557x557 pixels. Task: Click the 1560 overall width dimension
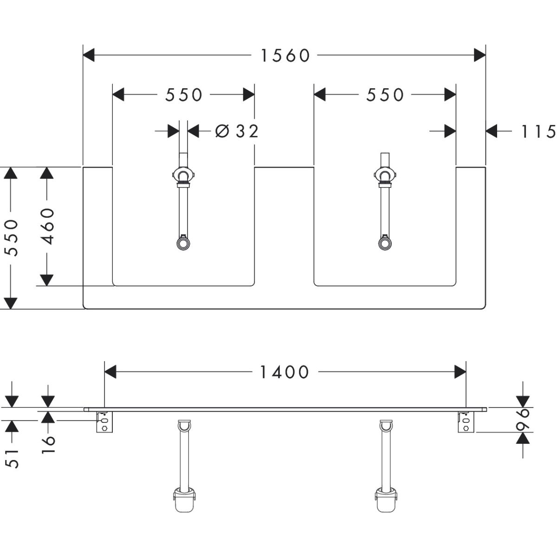[285, 56]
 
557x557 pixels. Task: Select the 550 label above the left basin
[184, 95]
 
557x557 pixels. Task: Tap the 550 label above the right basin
[385, 95]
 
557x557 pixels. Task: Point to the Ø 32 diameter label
[237, 131]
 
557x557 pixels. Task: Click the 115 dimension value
[538, 132]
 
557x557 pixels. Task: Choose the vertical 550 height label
[11, 237]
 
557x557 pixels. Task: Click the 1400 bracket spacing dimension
[284, 372]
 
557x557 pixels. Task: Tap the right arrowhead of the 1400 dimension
[460, 372]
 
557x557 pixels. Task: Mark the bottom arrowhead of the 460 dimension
[46, 279]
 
